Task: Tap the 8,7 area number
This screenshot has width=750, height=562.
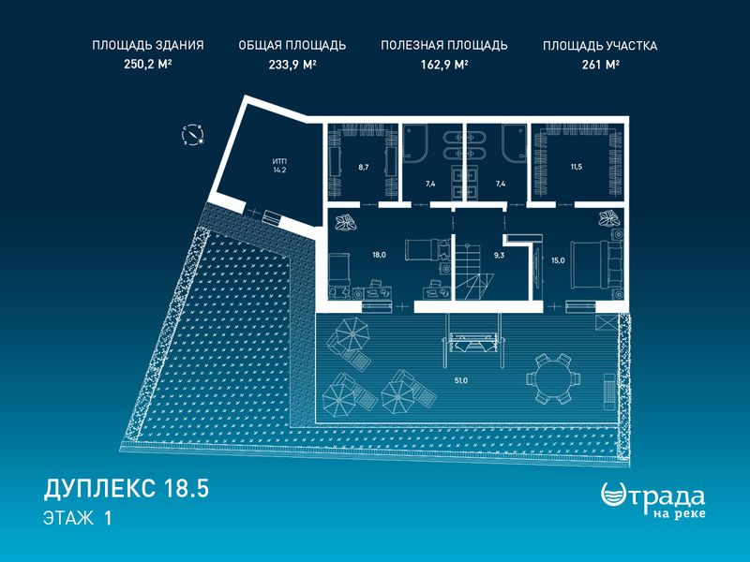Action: coord(364,167)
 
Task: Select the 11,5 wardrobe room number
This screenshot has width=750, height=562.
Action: coord(576,167)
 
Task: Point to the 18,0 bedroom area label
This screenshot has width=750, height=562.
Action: coord(380,255)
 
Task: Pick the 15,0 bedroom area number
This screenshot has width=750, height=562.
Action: coord(558,260)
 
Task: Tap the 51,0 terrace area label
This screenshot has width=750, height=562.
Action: coord(461,380)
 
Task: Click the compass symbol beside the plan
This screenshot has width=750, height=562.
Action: coord(193,135)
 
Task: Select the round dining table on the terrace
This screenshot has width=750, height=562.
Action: coord(553,378)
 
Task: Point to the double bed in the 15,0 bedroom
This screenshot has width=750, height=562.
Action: coord(591,264)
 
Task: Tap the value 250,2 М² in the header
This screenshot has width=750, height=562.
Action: coord(148,64)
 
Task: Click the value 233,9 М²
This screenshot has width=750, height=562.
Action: coord(292,64)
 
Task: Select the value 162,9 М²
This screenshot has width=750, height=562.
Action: coord(444,64)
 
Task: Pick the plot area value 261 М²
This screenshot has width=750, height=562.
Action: coord(601,64)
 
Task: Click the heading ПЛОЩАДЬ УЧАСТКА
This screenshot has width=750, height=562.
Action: coord(600,46)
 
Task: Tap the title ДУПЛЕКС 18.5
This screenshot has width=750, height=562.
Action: coord(127,489)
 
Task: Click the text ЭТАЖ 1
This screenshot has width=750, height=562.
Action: coord(78,518)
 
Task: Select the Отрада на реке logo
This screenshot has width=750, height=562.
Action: coord(652,500)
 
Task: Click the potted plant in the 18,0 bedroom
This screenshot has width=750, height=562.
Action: coord(345,222)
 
